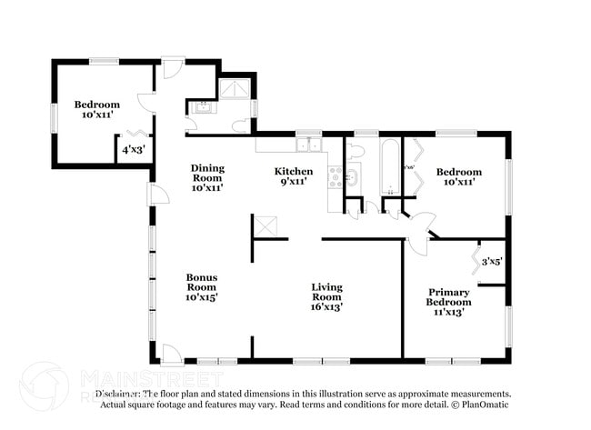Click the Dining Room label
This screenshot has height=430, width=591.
[x=207, y=177]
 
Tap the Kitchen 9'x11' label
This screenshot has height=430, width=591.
[x=294, y=176]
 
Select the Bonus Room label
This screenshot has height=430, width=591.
[x=202, y=286]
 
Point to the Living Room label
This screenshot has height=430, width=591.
[x=326, y=296]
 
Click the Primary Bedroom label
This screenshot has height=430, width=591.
[x=449, y=302]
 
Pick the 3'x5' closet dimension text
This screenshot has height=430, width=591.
[x=492, y=261]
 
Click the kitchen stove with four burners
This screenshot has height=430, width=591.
[x=335, y=176]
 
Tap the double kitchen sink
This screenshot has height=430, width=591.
[x=308, y=145]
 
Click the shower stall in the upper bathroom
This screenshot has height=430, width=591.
[x=235, y=87]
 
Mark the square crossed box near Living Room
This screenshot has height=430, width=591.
[x=264, y=226]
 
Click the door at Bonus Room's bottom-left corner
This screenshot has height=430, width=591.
[x=170, y=354]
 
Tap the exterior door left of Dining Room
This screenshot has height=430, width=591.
[x=158, y=194]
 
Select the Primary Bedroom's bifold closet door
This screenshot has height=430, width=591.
[x=475, y=260]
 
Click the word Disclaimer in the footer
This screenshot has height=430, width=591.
[x=119, y=394]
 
